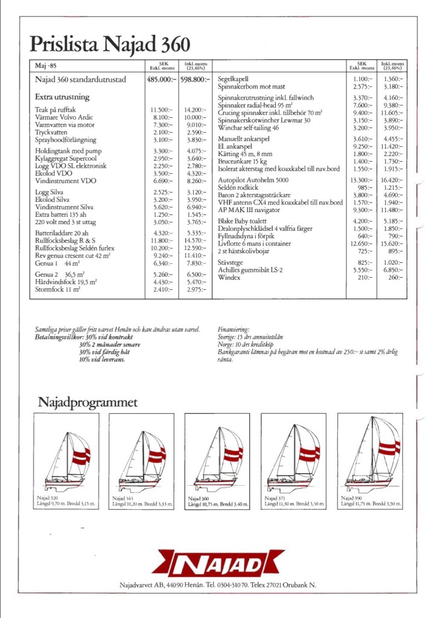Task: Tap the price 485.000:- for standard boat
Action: tap(162, 79)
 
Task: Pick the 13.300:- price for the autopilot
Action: tap(362, 180)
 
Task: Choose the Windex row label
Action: tap(229, 277)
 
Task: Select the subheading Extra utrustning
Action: tap(62, 97)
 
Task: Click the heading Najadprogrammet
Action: tap(88, 402)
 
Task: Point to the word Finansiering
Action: tap(234, 329)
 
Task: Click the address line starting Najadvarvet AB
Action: tap(218, 585)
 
